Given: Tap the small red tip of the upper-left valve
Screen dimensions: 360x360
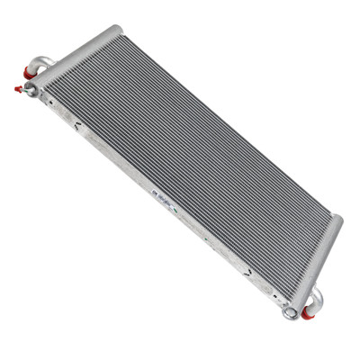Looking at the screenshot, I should pos(18,87).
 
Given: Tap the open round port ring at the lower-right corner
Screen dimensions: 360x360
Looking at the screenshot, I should pos(290,313).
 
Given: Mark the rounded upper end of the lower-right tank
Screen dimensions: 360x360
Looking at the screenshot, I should pos(337,220).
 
